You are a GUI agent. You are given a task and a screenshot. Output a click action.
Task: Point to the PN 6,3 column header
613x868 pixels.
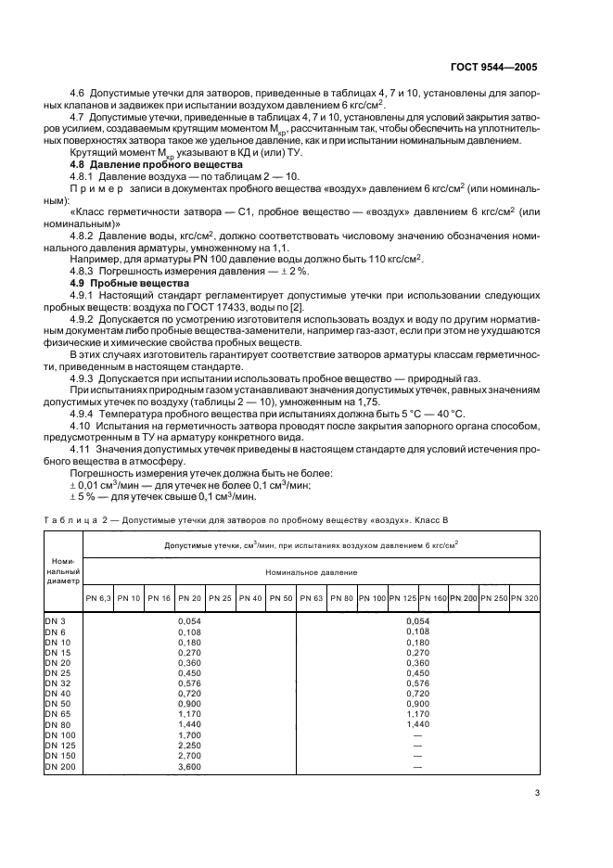point(98,598)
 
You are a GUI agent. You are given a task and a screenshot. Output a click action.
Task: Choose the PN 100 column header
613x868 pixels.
point(372,598)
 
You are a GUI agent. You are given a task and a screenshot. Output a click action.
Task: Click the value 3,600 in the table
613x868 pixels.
point(189,767)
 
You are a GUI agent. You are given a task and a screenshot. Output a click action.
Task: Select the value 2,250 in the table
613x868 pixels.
point(189,745)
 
